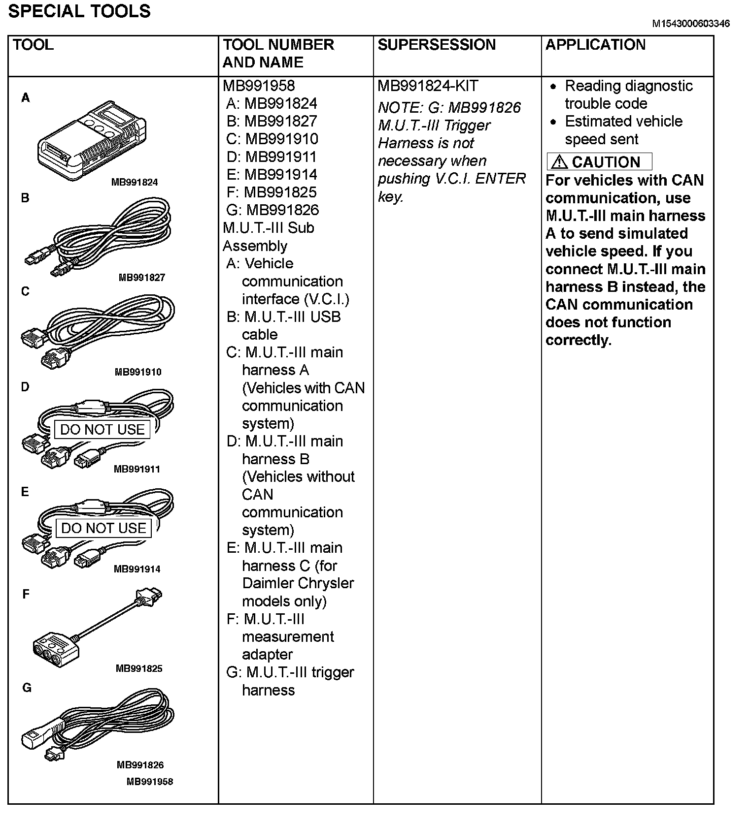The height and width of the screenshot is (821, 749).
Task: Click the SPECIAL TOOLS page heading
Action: pyautogui.click(x=79, y=11)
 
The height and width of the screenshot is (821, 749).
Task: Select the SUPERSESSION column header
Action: pyautogui.click(x=437, y=45)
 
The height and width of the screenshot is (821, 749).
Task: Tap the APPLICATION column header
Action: pyautogui.click(x=595, y=45)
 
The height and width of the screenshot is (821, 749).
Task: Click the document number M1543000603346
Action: pyautogui.click(x=691, y=24)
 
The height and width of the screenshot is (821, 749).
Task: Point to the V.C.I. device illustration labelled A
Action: pyautogui.click(x=92, y=140)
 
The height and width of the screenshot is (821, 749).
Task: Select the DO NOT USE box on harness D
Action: pyautogui.click(x=102, y=430)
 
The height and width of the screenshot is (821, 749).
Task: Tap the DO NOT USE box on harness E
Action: pyautogui.click(x=103, y=528)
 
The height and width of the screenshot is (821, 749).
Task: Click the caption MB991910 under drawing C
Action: pyautogui.click(x=138, y=372)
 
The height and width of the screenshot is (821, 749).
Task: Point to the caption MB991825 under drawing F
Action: pyautogui.click(x=139, y=668)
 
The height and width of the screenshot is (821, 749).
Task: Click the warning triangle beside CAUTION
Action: pyautogui.click(x=559, y=162)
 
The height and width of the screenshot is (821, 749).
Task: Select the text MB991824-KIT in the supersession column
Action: pyautogui.click(x=428, y=86)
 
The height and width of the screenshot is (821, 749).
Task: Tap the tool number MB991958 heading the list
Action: pyautogui.click(x=259, y=86)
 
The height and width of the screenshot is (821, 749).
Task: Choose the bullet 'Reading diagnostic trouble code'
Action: pyautogui.click(x=628, y=95)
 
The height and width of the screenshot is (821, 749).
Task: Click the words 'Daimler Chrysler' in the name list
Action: pyautogui.click(x=298, y=583)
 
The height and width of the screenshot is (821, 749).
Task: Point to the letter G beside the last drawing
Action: pyautogui.click(x=27, y=688)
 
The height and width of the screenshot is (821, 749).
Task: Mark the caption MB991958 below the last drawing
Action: pyautogui.click(x=150, y=782)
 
